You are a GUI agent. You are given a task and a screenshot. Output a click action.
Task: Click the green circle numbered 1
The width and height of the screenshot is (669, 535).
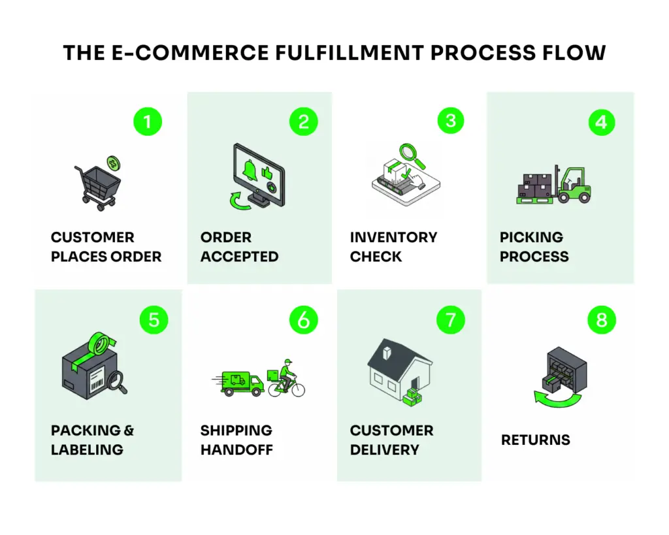[147, 122]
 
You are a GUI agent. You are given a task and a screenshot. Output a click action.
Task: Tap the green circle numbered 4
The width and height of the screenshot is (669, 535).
[601, 122]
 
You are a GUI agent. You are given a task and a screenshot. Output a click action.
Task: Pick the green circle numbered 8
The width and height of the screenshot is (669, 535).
[601, 319]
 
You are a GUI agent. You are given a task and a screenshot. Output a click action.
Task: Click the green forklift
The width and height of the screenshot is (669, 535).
[571, 185]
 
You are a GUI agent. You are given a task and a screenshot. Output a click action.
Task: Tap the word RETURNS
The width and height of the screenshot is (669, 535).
[535, 440]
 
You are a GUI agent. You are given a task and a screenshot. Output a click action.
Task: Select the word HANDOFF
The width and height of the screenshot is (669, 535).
[236, 449]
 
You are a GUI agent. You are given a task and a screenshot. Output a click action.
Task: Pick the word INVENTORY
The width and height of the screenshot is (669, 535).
[393, 237]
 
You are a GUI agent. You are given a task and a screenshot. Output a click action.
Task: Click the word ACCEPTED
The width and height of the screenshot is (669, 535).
[239, 257]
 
